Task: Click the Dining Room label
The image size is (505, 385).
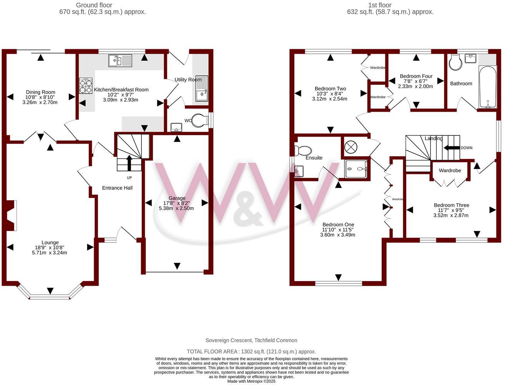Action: click(40, 92)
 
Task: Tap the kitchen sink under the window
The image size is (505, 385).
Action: click(120, 60)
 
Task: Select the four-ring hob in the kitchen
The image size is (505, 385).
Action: click(86, 86)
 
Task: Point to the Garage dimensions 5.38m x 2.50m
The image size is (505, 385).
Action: click(176, 208)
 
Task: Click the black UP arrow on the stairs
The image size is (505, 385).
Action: click(129, 163)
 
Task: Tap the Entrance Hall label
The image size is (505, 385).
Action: click(117, 188)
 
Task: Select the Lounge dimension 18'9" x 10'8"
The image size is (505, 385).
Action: click(50, 248)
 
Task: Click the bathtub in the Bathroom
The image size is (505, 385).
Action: click(487, 87)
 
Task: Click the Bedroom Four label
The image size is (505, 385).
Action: click(416, 76)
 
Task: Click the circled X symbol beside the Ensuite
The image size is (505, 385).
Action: click(351, 147)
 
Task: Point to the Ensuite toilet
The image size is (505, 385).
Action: click(303, 150)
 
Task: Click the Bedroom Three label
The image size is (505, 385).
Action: click(451, 205)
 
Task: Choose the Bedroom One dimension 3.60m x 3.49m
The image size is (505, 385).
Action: click(337, 235)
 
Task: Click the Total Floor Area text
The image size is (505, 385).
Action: click(251, 352)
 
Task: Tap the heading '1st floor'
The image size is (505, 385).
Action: click(379, 5)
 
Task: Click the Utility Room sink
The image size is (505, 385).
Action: click(201, 94)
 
